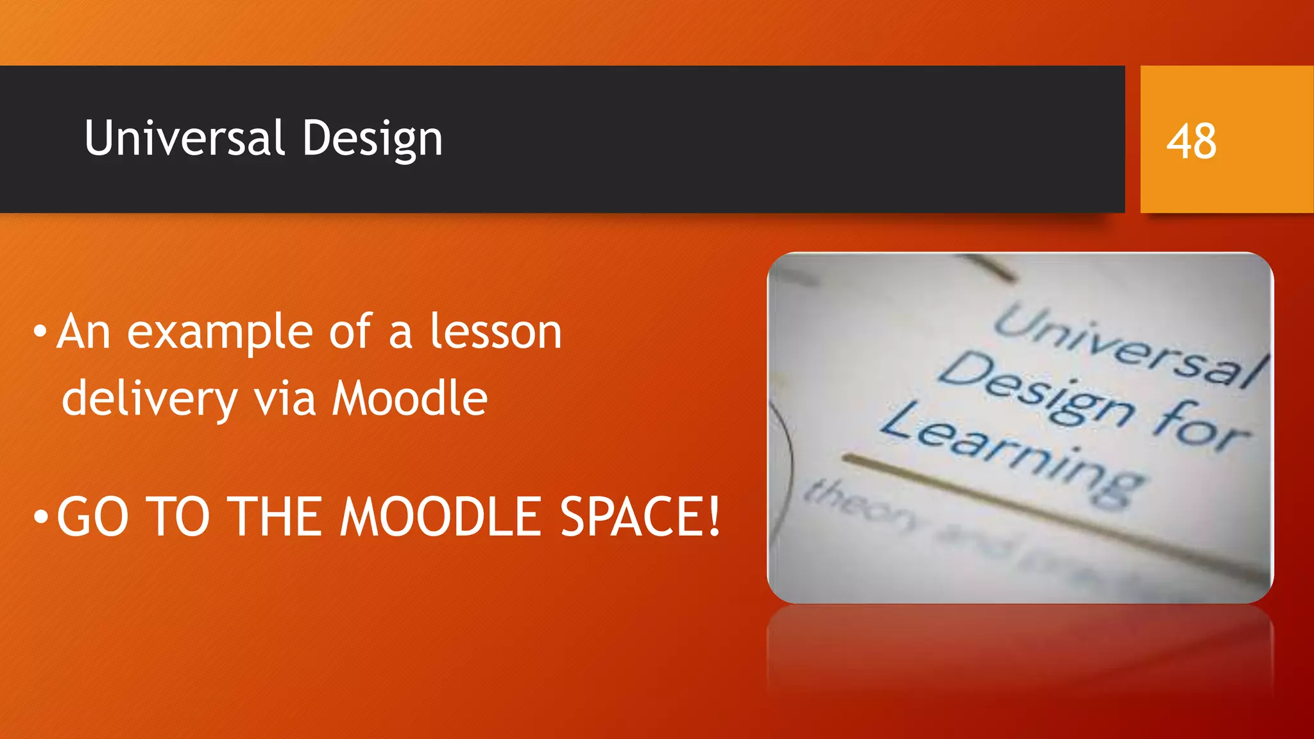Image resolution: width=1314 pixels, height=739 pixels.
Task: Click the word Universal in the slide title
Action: click(x=184, y=138)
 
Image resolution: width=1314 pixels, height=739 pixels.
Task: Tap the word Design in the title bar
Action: click(x=372, y=139)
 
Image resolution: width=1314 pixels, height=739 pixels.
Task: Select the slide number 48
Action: click(x=1191, y=141)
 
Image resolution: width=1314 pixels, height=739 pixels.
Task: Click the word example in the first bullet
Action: click(x=219, y=333)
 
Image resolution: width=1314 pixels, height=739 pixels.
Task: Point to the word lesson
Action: click(x=495, y=332)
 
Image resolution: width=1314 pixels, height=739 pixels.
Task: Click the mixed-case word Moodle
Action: click(x=409, y=398)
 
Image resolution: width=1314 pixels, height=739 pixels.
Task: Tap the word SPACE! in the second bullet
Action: click(x=640, y=517)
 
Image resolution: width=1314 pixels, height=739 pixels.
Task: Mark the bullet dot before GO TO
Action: click(x=40, y=516)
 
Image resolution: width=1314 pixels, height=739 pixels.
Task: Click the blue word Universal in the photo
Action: click(x=1129, y=346)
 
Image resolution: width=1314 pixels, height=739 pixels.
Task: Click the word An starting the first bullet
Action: click(x=83, y=332)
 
